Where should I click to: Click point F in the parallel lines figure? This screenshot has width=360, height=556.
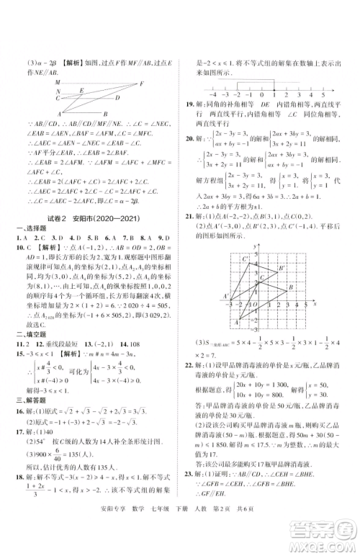[143, 83]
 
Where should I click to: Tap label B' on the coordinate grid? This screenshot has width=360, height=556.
[282, 270]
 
